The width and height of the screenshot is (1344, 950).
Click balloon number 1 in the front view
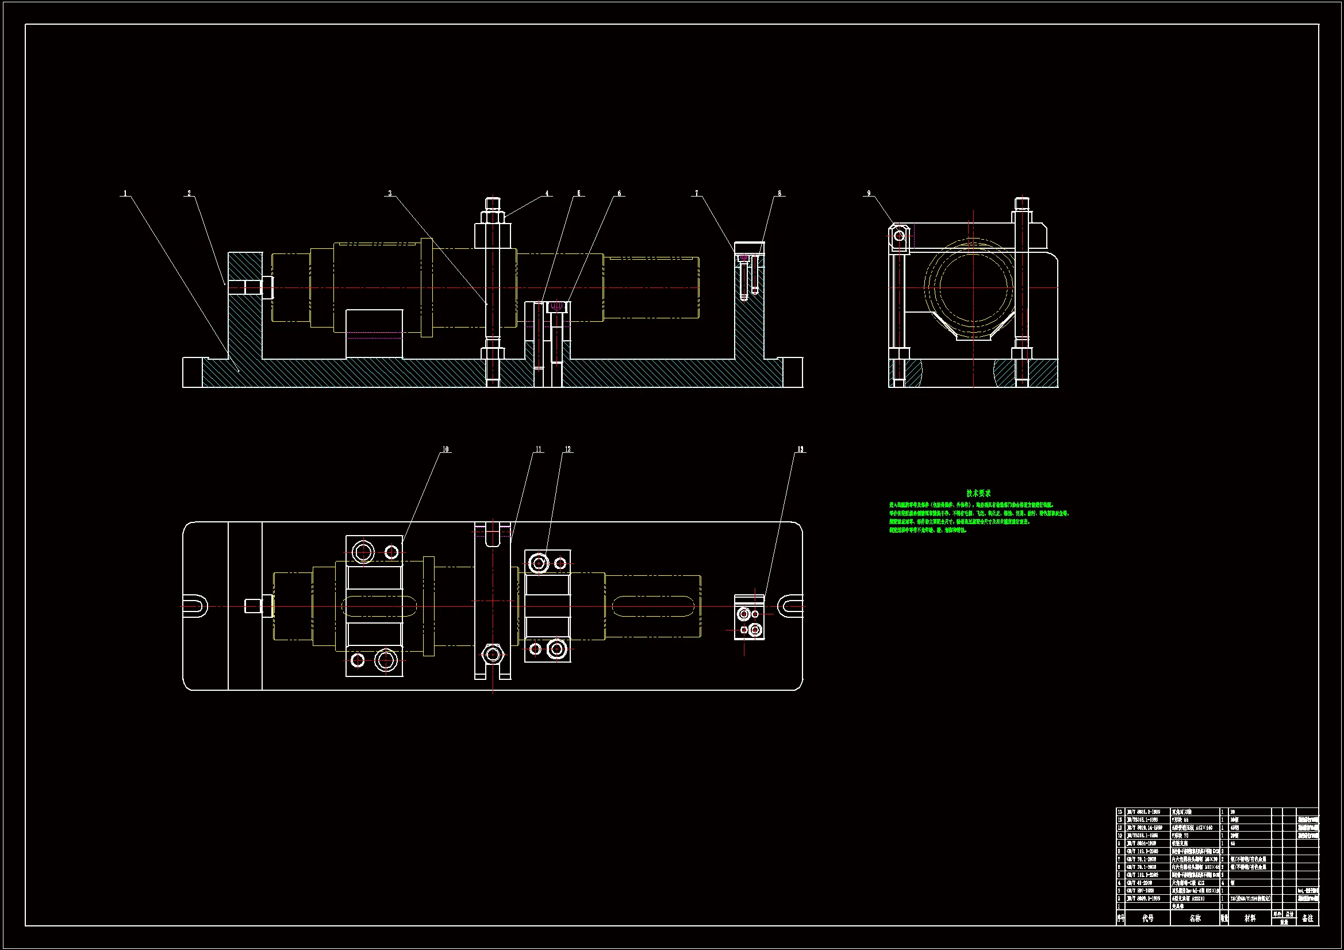125,193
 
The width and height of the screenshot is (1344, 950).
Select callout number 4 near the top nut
547,193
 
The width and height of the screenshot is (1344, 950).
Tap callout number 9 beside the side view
869,193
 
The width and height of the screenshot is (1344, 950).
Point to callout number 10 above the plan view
446,449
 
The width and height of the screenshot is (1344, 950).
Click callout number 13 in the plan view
800,449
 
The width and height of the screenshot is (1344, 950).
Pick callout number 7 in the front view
696,193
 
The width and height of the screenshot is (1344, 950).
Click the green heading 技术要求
978,494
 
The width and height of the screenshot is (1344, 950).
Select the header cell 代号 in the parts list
1147,918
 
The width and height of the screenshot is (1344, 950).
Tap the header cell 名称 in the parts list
1195,918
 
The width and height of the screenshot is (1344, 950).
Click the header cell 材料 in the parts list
1250,918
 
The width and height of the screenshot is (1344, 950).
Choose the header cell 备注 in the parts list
1308,918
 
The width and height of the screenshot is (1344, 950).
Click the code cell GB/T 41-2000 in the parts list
1141,883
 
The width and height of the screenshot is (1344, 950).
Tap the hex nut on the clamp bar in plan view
493,653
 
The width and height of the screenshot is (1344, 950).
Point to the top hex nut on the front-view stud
493,217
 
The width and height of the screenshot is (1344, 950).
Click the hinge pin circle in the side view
899,236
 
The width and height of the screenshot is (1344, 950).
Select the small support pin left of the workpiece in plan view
253,605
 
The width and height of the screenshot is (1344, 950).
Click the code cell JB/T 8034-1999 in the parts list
1142,844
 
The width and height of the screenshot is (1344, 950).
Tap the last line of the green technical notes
928,530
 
